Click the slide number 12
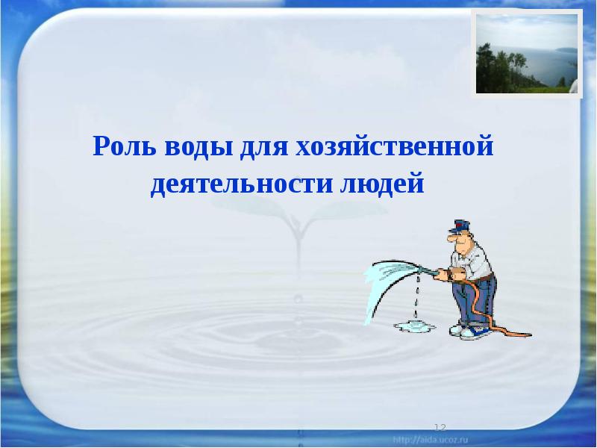[x=440, y=427]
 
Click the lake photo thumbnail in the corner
[x=526, y=55]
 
